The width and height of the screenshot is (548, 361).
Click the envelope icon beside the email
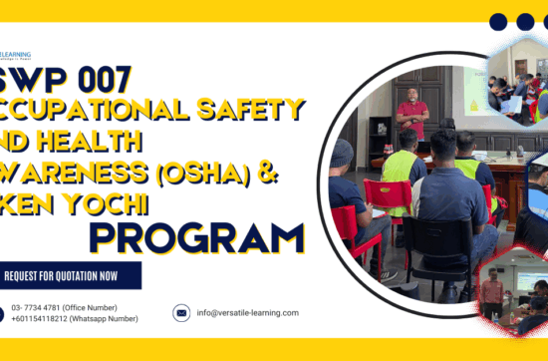(181, 313)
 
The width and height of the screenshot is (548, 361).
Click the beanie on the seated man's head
(343, 151)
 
